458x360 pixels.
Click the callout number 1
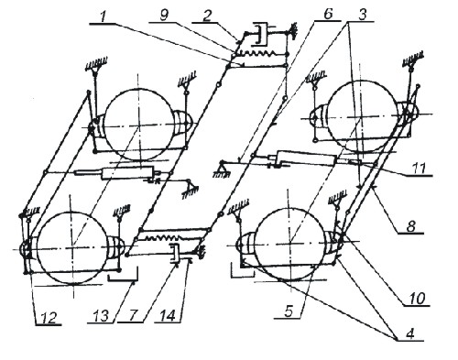pyautogui.click(x=104, y=16)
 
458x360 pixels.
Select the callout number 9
pyautogui.click(x=165, y=16)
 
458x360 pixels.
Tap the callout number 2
pyautogui.click(x=207, y=16)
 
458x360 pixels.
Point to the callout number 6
pyautogui.click(x=328, y=15)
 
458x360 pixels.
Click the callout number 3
pyautogui.click(x=363, y=16)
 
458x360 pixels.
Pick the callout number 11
pyautogui.click(x=419, y=169)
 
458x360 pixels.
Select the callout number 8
pyautogui.click(x=411, y=226)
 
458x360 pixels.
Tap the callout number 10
pyautogui.click(x=418, y=299)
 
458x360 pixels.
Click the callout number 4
pyautogui.click(x=409, y=333)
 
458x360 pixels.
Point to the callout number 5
pyautogui.click(x=289, y=311)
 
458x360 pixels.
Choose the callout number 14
pyautogui.click(x=169, y=316)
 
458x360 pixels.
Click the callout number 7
pyautogui.click(x=133, y=316)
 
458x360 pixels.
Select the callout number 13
pyautogui.click(x=102, y=316)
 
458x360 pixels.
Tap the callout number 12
pyautogui.click(x=49, y=319)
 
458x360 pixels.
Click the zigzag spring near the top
pyautogui.click(x=261, y=54)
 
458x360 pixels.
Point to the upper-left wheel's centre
pyautogui.click(x=138, y=125)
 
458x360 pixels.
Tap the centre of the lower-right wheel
pyautogui.click(x=289, y=244)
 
